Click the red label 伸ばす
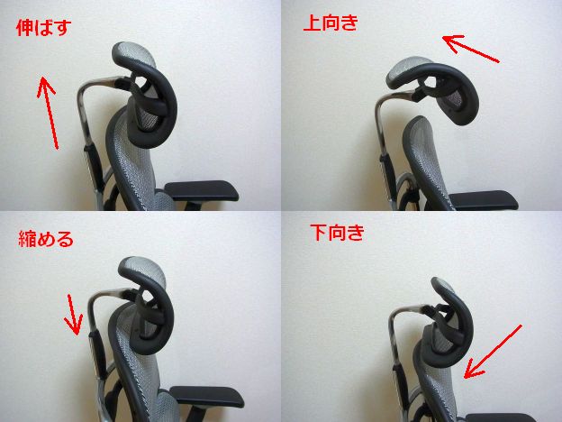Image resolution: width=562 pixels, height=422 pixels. click(43, 27)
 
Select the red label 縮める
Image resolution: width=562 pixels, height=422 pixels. click(45, 239)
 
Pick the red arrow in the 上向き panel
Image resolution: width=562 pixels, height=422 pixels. click(471, 49)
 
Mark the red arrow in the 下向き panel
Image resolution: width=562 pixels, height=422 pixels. click(493, 353)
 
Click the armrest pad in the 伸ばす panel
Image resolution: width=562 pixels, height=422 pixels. click(202, 190)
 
